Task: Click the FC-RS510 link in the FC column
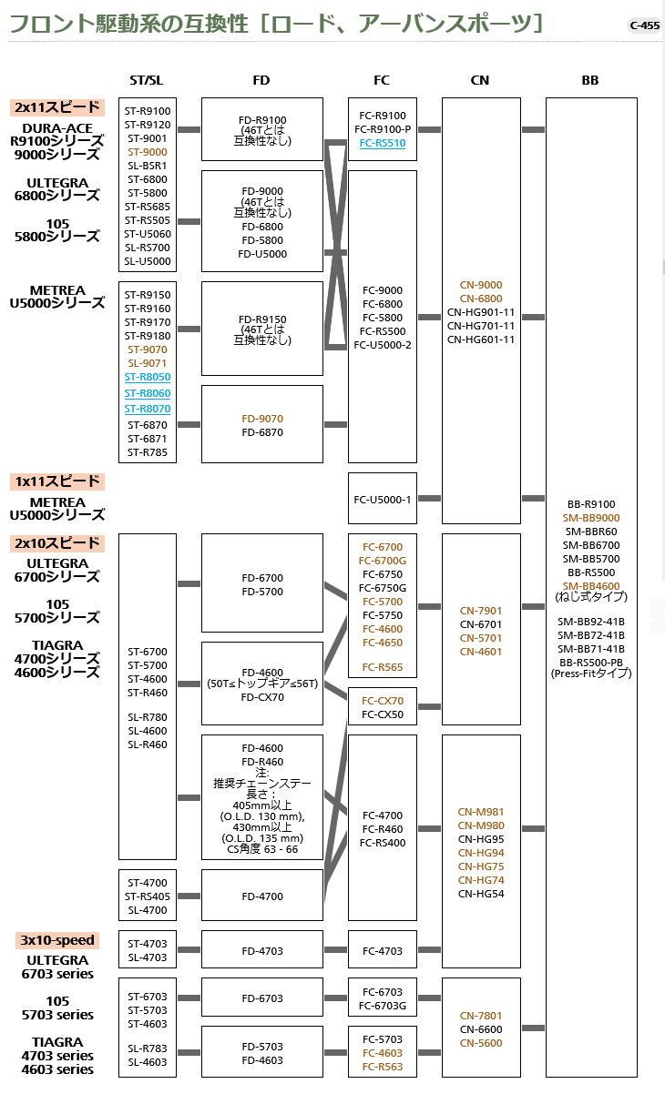pos(382,143)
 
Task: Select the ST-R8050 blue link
pos(148,377)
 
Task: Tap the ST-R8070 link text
pos(148,410)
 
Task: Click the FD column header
pos(261,80)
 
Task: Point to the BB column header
pos(590,80)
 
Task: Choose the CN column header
pos(480,80)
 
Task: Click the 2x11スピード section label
pos(57,107)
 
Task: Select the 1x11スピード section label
pos(57,481)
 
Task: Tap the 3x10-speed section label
pos(57,940)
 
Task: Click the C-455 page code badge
pos(644,25)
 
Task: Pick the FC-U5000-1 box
pos(382,499)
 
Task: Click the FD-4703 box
pos(261,951)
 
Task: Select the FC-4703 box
pos(382,951)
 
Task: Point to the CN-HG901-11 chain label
pos(480,312)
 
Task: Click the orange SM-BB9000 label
pos(590,517)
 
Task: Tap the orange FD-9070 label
pos(261,419)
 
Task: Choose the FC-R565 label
pos(382,667)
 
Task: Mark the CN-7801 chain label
pos(480,1016)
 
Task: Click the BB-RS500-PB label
pos(590,662)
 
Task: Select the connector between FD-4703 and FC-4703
pos(335,950)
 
